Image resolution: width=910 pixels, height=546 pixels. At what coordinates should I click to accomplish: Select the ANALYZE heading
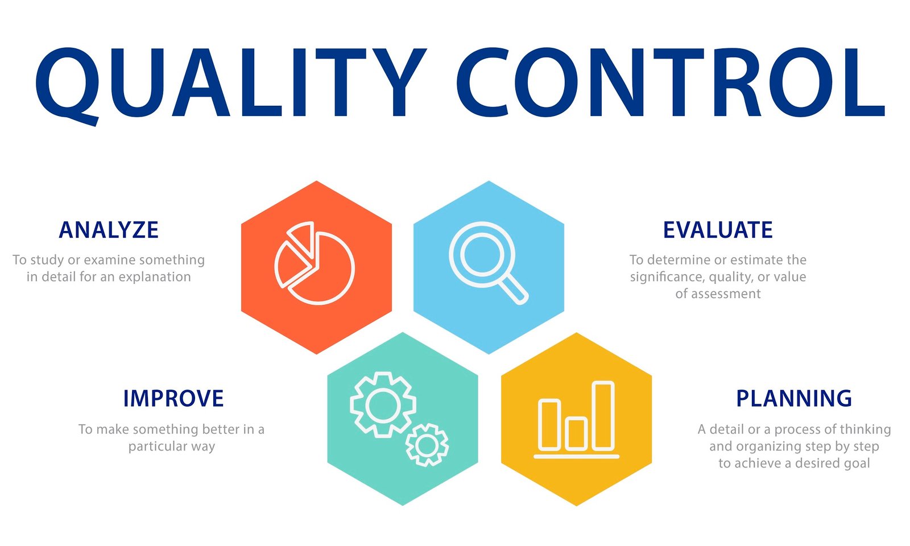click(x=109, y=230)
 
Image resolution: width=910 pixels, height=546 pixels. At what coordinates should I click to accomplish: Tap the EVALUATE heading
click(x=718, y=230)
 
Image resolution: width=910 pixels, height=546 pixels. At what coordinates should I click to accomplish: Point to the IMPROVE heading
click(x=173, y=398)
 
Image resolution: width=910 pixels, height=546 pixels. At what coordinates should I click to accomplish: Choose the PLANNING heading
click(x=794, y=398)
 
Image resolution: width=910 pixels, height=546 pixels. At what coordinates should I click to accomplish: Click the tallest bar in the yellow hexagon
click(x=603, y=415)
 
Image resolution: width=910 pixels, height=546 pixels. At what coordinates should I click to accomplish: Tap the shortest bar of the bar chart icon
click(x=576, y=433)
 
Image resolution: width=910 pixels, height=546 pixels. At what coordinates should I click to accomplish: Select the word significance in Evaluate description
click(x=660, y=277)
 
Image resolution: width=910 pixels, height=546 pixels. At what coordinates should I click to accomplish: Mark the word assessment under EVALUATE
click(x=725, y=294)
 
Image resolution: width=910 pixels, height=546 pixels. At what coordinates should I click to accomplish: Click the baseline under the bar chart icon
click(x=576, y=456)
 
